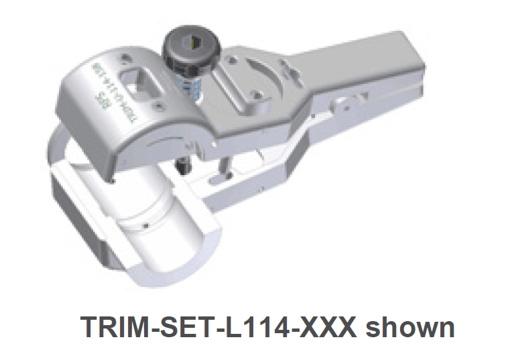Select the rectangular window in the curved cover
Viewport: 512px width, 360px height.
click(143, 82)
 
